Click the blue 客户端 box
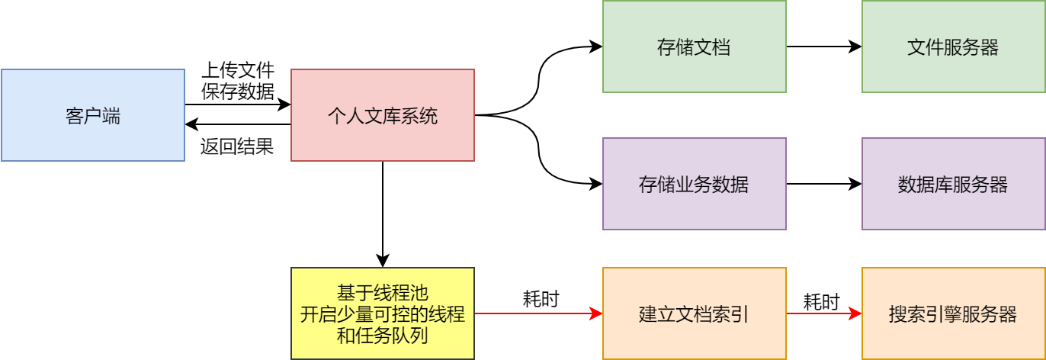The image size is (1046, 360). (x=93, y=115)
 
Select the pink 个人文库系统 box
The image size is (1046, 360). (x=383, y=115)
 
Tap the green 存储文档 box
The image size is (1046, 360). (x=694, y=47)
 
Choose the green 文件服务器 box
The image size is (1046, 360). (x=953, y=47)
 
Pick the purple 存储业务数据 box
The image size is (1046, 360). (x=694, y=184)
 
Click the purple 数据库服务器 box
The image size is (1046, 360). (x=953, y=184)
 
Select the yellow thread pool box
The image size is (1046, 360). (x=383, y=313)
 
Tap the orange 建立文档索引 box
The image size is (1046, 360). (x=694, y=313)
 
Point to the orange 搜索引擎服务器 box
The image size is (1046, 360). (x=953, y=313)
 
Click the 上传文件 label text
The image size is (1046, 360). (x=237, y=71)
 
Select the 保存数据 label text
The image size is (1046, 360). (x=237, y=92)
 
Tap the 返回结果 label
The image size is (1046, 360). (x=237, y=146)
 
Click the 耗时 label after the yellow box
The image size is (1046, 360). (x=541, y=298)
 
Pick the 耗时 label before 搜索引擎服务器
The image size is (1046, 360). (x=822, y=301)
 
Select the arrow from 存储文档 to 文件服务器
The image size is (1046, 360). (x=823, y=47)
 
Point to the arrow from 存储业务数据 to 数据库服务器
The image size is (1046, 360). (x=823, y=184)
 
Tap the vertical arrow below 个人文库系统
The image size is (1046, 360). (x=383, y=214)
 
